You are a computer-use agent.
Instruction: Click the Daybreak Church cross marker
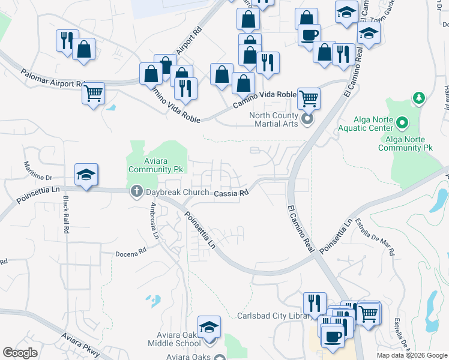pyautogui.click(x=136, y=192)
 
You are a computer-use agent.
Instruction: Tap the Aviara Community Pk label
pyautogui.click(x=155, y=165)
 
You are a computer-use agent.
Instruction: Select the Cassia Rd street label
pyautogui.click(x=231, y=193)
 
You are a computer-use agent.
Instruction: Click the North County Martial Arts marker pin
pyautogui.click(x=308, y=119)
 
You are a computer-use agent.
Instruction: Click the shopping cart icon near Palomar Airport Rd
pyautogui.click(x=93, y=92)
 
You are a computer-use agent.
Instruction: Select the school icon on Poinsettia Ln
pyautogui.click(x=86, y=174)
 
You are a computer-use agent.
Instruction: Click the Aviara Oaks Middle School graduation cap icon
pyautogui.click(x=209, y=327)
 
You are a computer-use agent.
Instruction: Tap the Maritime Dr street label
pyautogui.click(x=38, y=170)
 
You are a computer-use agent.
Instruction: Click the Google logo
pyautogui.click(x=20, y=353)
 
